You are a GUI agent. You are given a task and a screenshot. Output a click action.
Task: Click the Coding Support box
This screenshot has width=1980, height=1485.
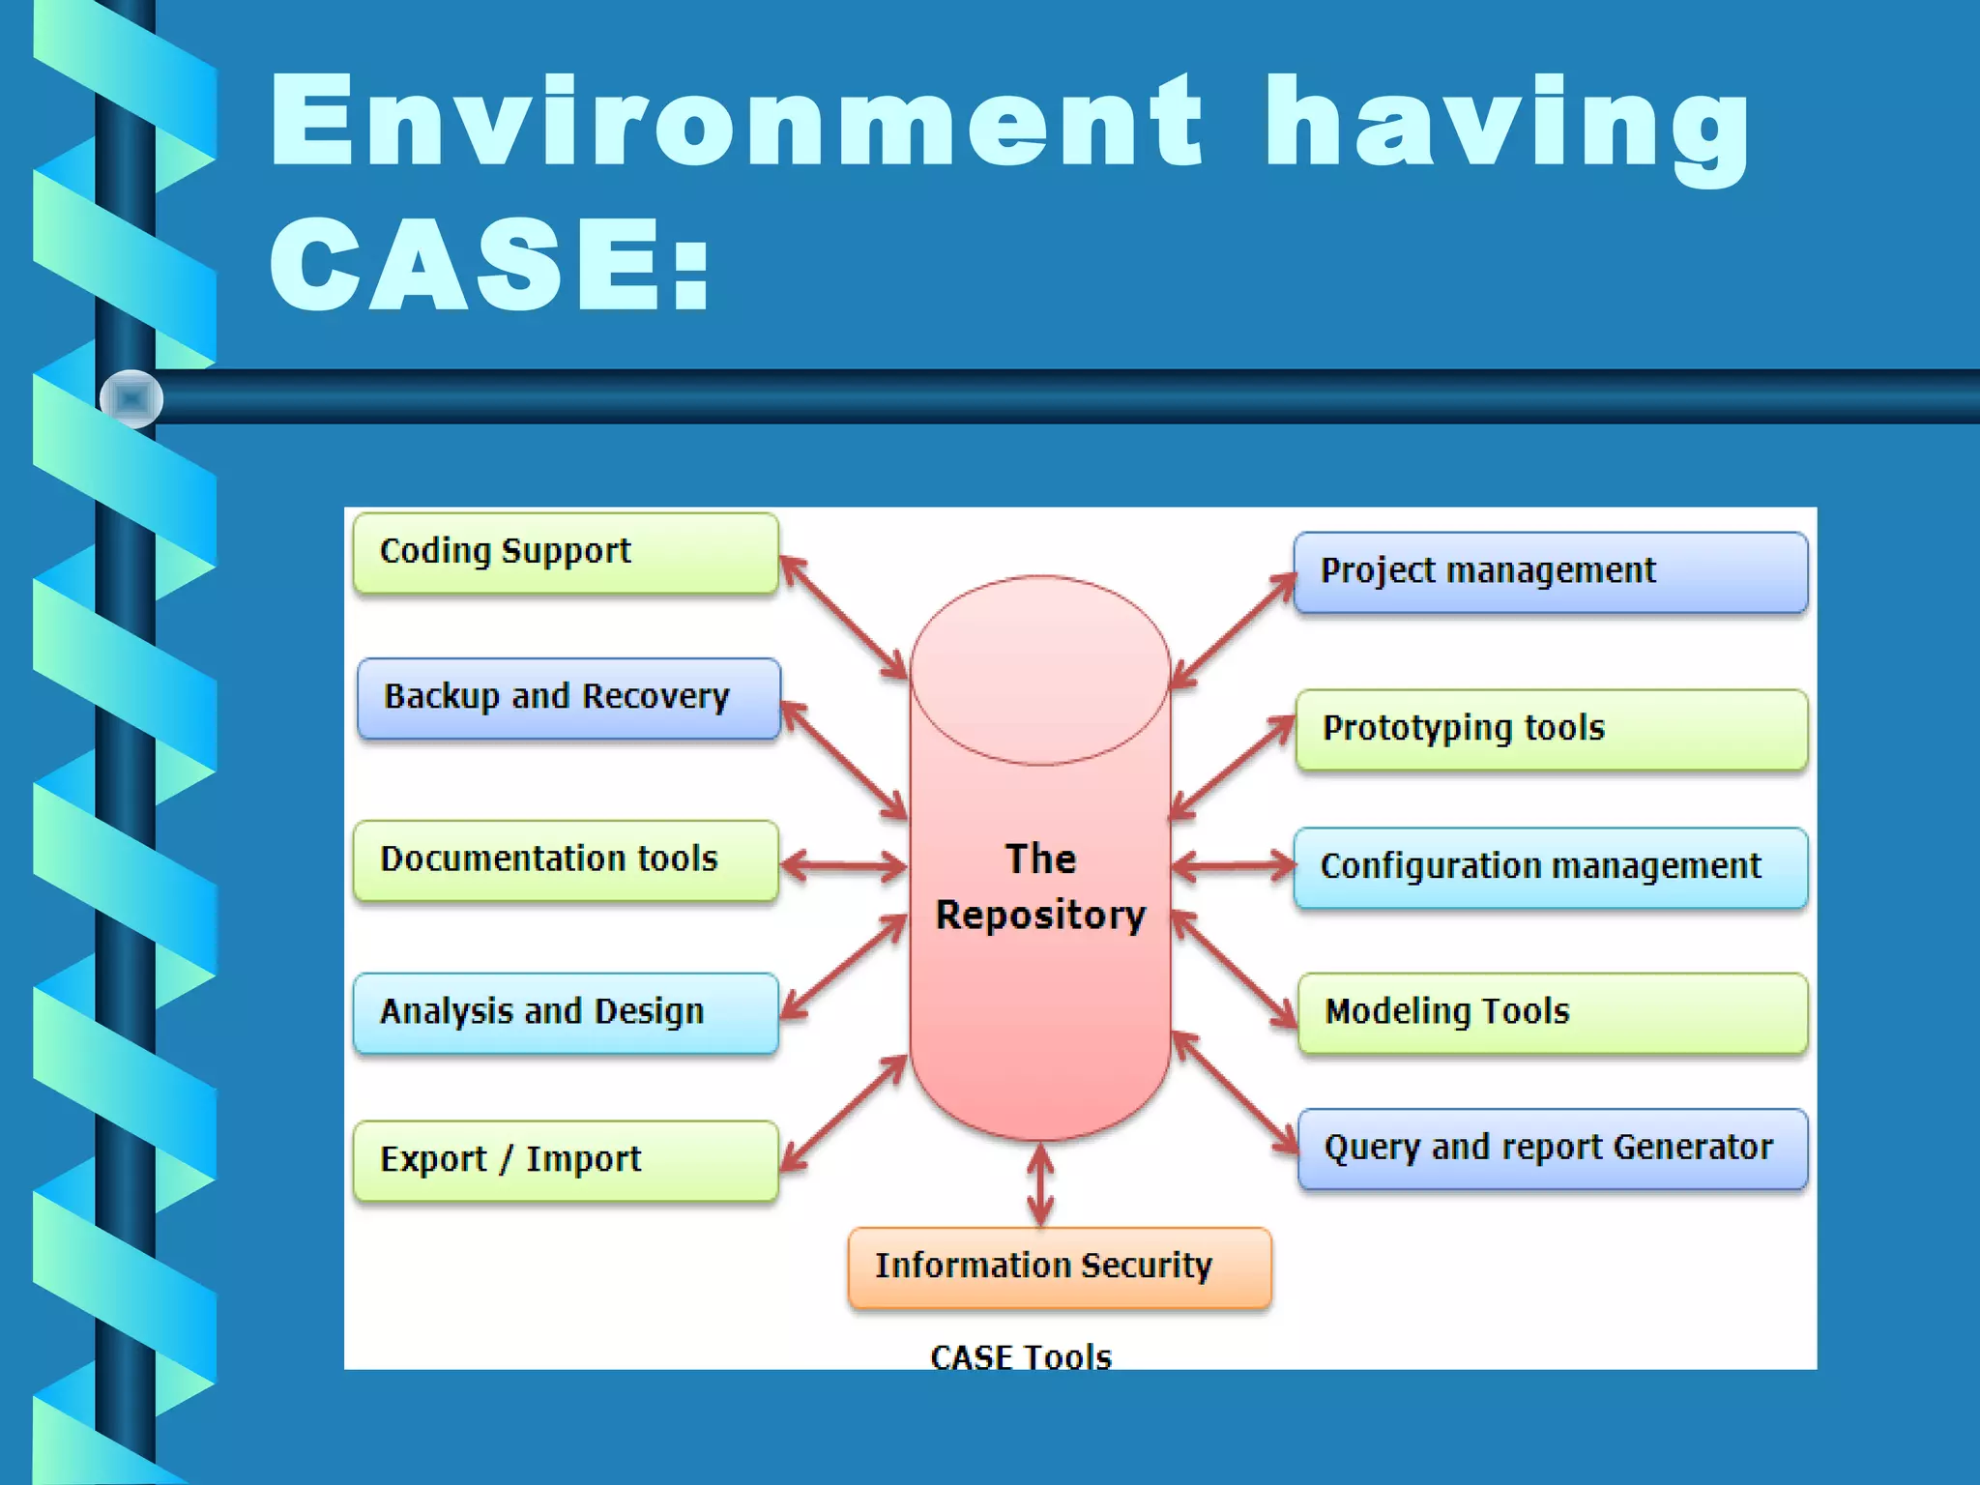[x=566, y=552]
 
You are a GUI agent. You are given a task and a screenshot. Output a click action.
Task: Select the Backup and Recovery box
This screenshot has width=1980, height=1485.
[x=568, y=698]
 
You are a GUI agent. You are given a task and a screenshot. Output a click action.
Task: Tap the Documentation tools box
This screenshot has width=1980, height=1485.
[x=566, y=860]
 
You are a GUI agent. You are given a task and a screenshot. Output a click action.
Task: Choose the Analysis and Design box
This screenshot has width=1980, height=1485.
[x=566, y=1012]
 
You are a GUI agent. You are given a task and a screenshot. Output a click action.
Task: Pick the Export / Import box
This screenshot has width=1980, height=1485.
[x=566, y=1160]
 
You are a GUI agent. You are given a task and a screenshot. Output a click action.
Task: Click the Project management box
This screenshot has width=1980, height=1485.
[x=1550, y=571]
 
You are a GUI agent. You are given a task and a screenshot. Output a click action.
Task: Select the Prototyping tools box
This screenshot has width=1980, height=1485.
[x=1551, y=729]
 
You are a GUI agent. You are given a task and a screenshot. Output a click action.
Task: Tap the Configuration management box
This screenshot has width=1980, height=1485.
[x=1550, y=867]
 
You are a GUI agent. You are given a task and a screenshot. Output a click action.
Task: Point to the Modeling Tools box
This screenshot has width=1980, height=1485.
[x=1552, y=1012]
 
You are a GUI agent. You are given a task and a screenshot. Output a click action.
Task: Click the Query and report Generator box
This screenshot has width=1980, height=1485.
[x=1552, y=1149]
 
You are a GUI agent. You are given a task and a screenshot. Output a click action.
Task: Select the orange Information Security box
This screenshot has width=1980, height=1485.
[x=1060, y=1267]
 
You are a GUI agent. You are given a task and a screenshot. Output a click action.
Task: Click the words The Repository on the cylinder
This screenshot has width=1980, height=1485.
[x=1040, y=887]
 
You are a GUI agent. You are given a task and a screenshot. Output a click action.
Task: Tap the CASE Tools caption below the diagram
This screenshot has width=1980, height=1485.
[x=1021, y=1356]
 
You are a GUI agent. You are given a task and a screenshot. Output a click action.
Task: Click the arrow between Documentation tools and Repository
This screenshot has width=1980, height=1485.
[x=843, y=865]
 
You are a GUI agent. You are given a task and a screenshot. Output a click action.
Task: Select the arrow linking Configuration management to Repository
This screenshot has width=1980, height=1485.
[x=1233, y=865]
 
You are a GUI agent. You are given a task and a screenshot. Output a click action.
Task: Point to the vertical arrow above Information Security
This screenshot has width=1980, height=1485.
[x=1040, y=1185]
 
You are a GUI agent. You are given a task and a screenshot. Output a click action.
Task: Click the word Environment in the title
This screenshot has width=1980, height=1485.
[x=735, y=123]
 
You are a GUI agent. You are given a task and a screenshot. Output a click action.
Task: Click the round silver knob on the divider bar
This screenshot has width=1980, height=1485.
[x=131, y=398]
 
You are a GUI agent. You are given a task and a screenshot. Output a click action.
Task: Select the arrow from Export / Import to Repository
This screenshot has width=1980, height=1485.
[x=843, y=1113]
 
